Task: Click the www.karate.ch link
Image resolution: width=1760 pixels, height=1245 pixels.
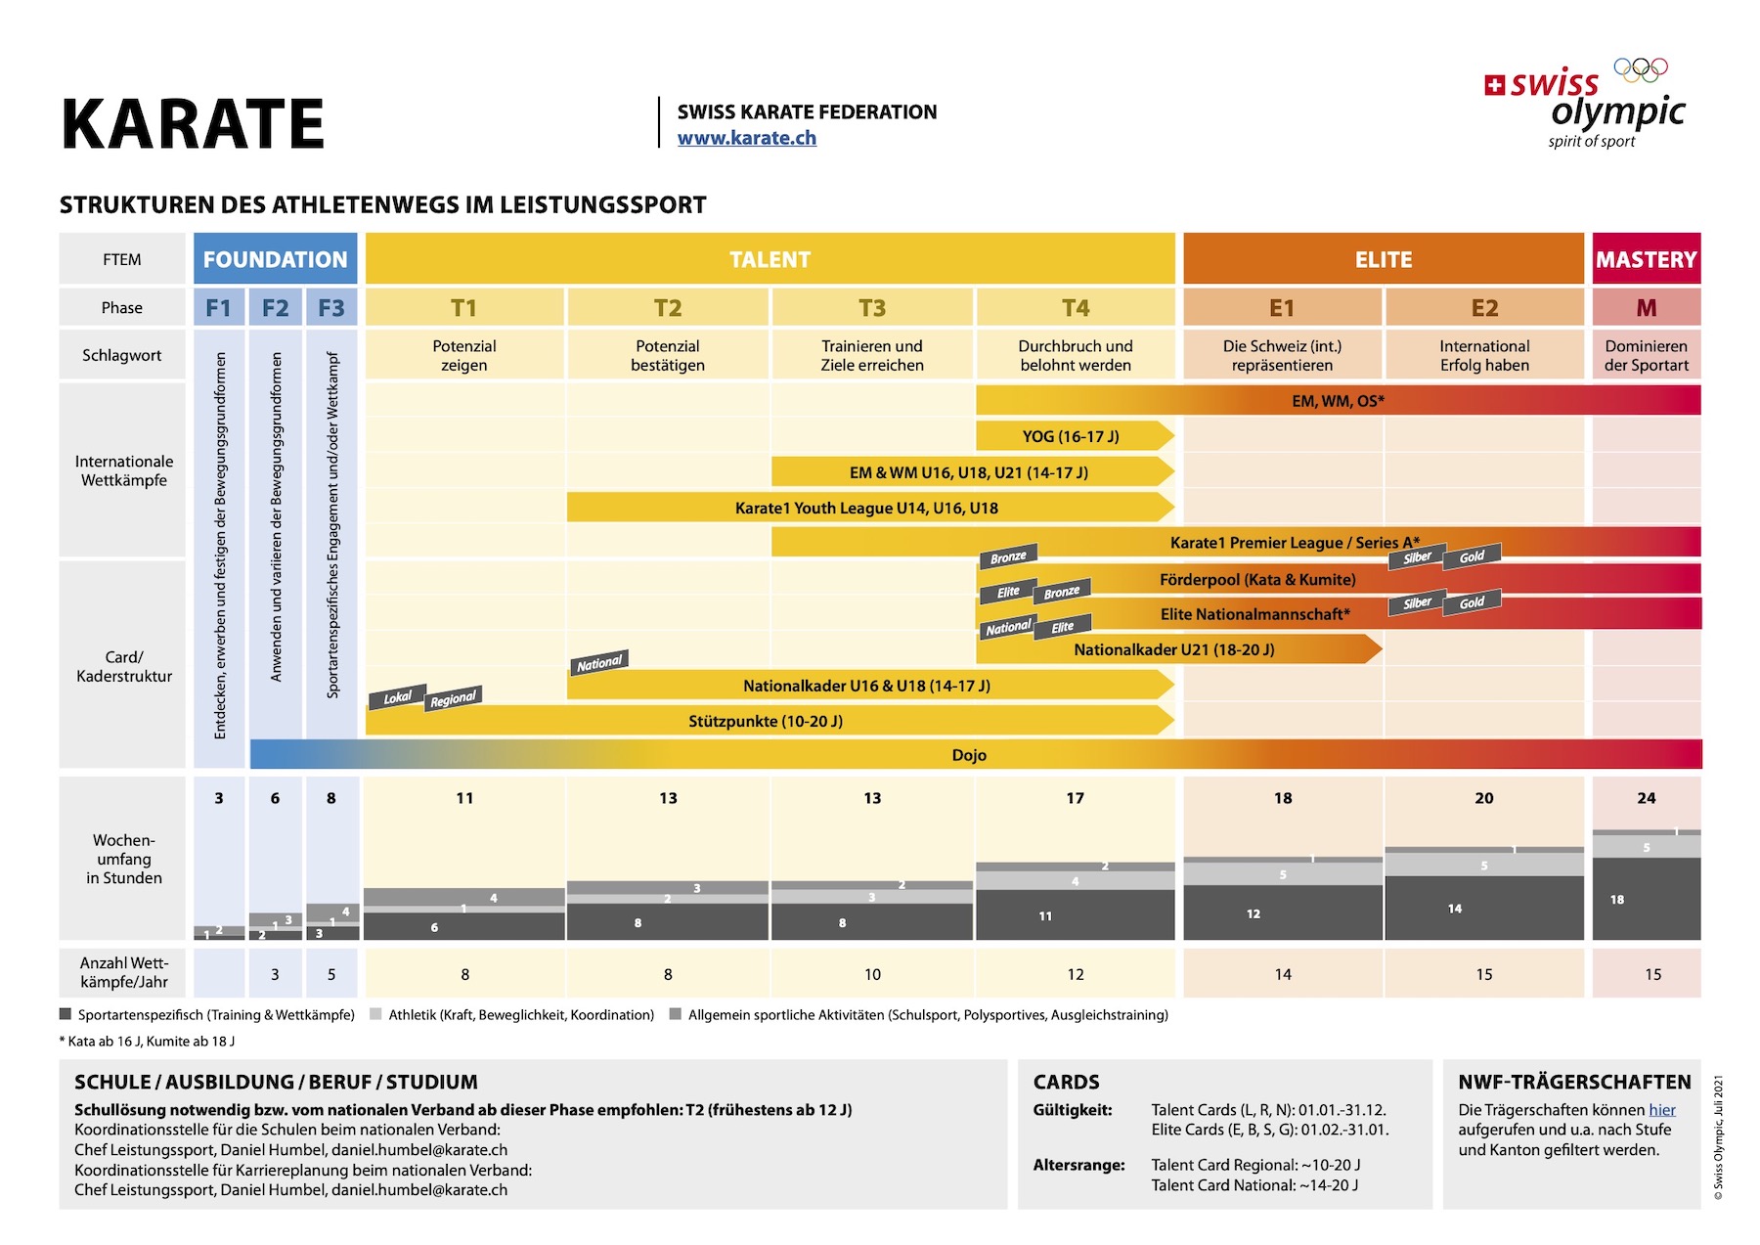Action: (747, 138)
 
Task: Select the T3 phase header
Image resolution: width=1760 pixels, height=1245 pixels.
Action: (872, 308)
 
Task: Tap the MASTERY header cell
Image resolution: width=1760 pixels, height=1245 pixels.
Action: (1647, 259)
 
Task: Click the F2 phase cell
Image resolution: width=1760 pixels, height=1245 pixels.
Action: (275, 308)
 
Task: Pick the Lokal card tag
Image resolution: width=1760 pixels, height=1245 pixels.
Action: (397, 697)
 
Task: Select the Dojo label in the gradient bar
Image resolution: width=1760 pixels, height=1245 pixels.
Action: (969, 755)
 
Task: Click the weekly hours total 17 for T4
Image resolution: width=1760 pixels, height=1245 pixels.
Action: (1075, 798)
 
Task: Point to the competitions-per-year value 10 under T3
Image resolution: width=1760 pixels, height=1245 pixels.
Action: (872, 974)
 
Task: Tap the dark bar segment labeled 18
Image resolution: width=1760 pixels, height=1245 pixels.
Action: (1647, 899)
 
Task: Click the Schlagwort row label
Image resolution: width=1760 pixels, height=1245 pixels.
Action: (122, 355)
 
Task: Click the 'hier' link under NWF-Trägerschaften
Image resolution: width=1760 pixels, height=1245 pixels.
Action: (1662, 1110)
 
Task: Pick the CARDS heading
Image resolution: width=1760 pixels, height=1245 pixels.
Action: (1067, 1082)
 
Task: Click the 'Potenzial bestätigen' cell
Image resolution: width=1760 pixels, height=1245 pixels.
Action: (668, 355)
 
